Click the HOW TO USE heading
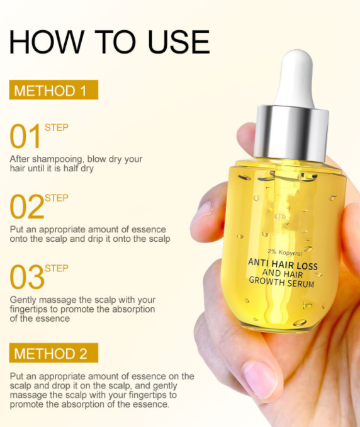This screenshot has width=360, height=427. (109, 41)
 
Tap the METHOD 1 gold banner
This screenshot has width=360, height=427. (53, 90)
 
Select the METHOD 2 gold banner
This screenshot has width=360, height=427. (53, 353)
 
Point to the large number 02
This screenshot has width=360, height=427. (26, 207)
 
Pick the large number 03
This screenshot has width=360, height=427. (26, 278)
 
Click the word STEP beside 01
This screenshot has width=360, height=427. (57, 128)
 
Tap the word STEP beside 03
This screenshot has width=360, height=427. (57, 268)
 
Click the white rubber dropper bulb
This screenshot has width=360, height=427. (293, 79)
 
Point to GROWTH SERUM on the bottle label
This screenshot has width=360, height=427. (283, 283)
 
